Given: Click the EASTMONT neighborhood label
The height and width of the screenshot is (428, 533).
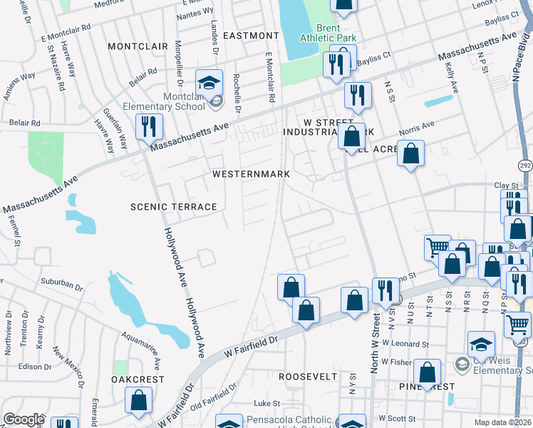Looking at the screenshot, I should [x=251, y=35].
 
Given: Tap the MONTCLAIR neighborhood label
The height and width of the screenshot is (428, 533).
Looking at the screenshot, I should [x=137, y=46].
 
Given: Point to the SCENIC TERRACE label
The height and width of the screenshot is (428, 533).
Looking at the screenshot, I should [x=173, y=207].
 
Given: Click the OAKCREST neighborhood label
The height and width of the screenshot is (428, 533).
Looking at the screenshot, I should [x=138, y=380].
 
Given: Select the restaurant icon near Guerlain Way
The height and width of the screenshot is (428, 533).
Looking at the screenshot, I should [x=149, y=127].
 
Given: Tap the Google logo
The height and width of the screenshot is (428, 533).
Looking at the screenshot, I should [x=24, y=419].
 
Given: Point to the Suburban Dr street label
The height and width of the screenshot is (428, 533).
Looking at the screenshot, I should [x=61, y=284].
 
